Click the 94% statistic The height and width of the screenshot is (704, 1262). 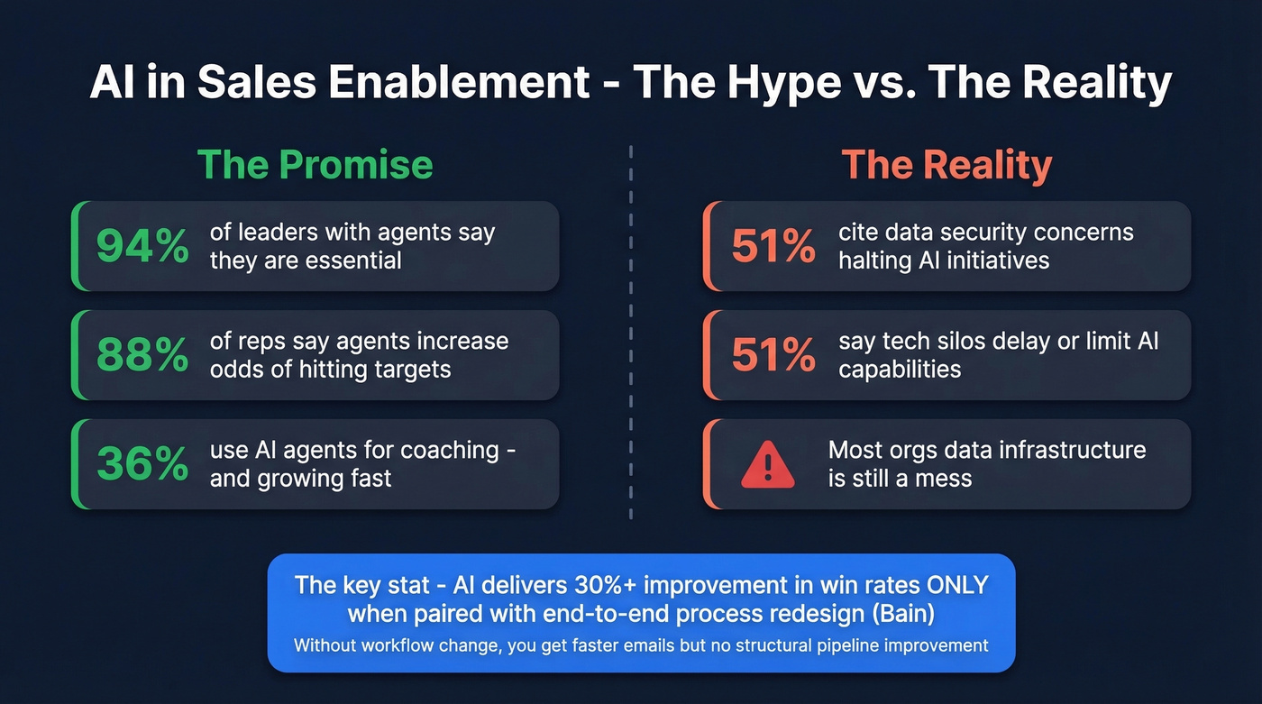click(x=142, y=246)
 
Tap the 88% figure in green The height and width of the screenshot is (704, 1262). click(x=142, y=355)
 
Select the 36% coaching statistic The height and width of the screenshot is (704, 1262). click(x=142, y=464)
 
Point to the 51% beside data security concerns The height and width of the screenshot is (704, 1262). click(x=773, y=246)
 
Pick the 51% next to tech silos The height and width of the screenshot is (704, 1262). click(x=773, y=355)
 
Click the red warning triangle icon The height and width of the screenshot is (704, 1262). click(x=767, y=464)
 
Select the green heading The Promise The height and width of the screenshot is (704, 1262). click(x=315, y=165)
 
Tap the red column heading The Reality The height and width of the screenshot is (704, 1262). click(x=946, y=165)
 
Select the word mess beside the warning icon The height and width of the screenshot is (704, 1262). click(x=937, y=479)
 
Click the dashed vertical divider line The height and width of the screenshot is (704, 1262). click(x=631, y=334)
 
